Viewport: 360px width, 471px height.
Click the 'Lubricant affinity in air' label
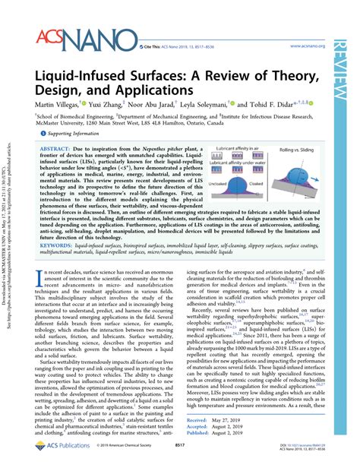coord(231,148)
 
